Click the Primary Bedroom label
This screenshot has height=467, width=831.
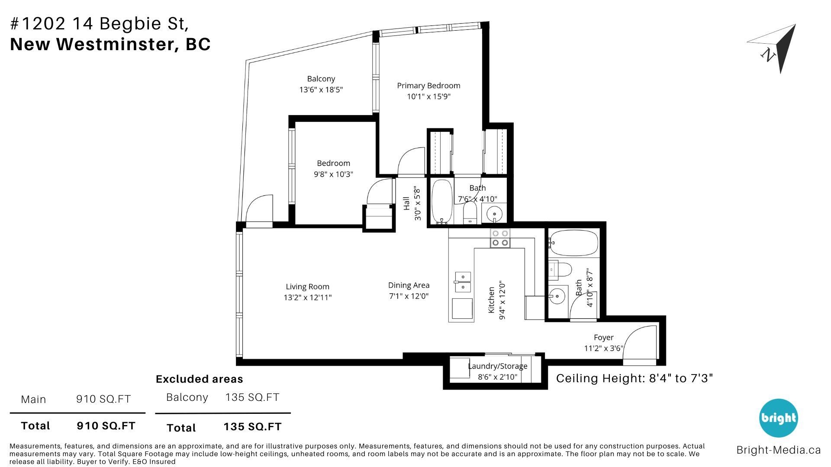coord(428,86)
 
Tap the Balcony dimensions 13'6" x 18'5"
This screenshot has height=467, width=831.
coord(321,90)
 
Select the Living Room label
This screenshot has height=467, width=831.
coord(307,287)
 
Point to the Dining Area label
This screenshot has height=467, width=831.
coord(409,285)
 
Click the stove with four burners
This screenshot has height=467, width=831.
coord(500,238)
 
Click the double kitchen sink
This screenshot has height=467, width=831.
coord(462,282)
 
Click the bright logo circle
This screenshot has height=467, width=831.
coord(779,418)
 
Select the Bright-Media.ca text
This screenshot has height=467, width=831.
coord(779,450)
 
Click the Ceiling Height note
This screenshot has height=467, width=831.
coord(635,378)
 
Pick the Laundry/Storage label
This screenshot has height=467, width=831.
coord(498,366)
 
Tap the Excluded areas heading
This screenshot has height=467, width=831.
coord(200,379)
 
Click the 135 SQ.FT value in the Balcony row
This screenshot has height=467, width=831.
coord(252,397)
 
